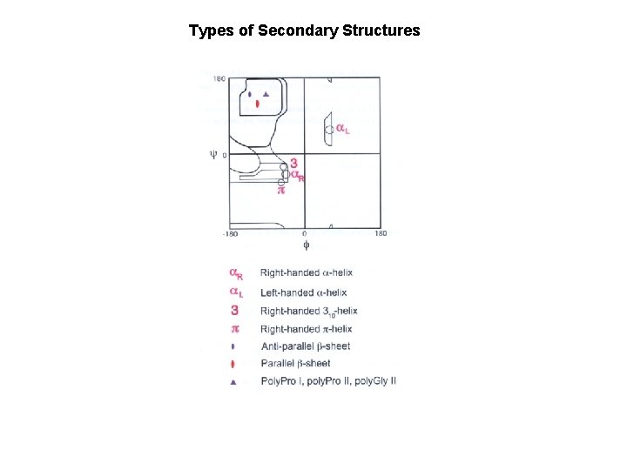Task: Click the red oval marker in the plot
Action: (x=258, y=104)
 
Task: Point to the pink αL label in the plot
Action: (x=343, y=130)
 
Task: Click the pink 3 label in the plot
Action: (x=294, y=163)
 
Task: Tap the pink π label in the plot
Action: (x=281, y=187)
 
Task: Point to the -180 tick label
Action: (x=231, y=233)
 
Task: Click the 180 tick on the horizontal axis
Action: (x=381, y=233)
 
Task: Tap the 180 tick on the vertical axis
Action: (x=220, y=79)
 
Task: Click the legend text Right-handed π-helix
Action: (x=306, y=328)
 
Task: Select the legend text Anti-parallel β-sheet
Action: (x=306, y=346)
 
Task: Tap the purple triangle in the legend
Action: (x=233, y=381)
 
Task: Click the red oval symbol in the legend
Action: (x=233, y=364)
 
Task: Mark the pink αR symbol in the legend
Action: (x=235, y=274)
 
